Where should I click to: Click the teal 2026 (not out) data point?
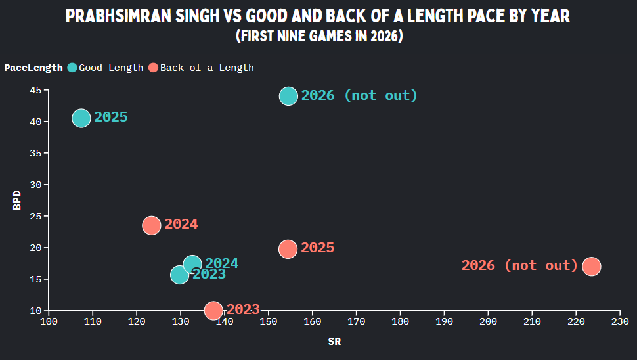pyautogui.click(x=288, y=97)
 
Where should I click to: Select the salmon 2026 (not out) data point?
pyautogui.click(x=592, y=267)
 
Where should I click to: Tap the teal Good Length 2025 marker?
pyautogui.click(x=81, y=118)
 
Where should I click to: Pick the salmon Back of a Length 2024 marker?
pyautogui.click(x=152, y=225)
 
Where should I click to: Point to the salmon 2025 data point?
pyautogui.click(x=288, y=249)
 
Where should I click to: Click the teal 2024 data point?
pyautogui.click(x=192, y=265)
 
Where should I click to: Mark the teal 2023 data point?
pyautogui.click(x=179, y=275)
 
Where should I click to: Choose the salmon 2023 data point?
pyautogui.click(x=213, y=311)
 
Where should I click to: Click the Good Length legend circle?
pyautogui.click(x=72, y=68)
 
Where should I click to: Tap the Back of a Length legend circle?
pyautogui.click(x=153, y=68)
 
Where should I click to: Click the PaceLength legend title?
pyautogui.click(x=33, y=68)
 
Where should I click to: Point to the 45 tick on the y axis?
pyautogui.click(x=47, y=90)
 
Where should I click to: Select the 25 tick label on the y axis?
pyautogui.click(x=35, y=216)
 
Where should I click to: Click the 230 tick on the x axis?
pyautogui.click(x=620, y=313)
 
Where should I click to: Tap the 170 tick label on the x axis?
pyautogui.click(x=357, y=321)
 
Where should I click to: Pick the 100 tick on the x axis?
pyautogui.click(x=49, y=313)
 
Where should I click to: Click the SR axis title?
pyautogui.click(x=334, y=342)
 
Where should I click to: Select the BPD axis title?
pyautogui.click(x=16, y=200)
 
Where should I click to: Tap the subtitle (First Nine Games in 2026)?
pyautogui.click(x=319, y=35)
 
